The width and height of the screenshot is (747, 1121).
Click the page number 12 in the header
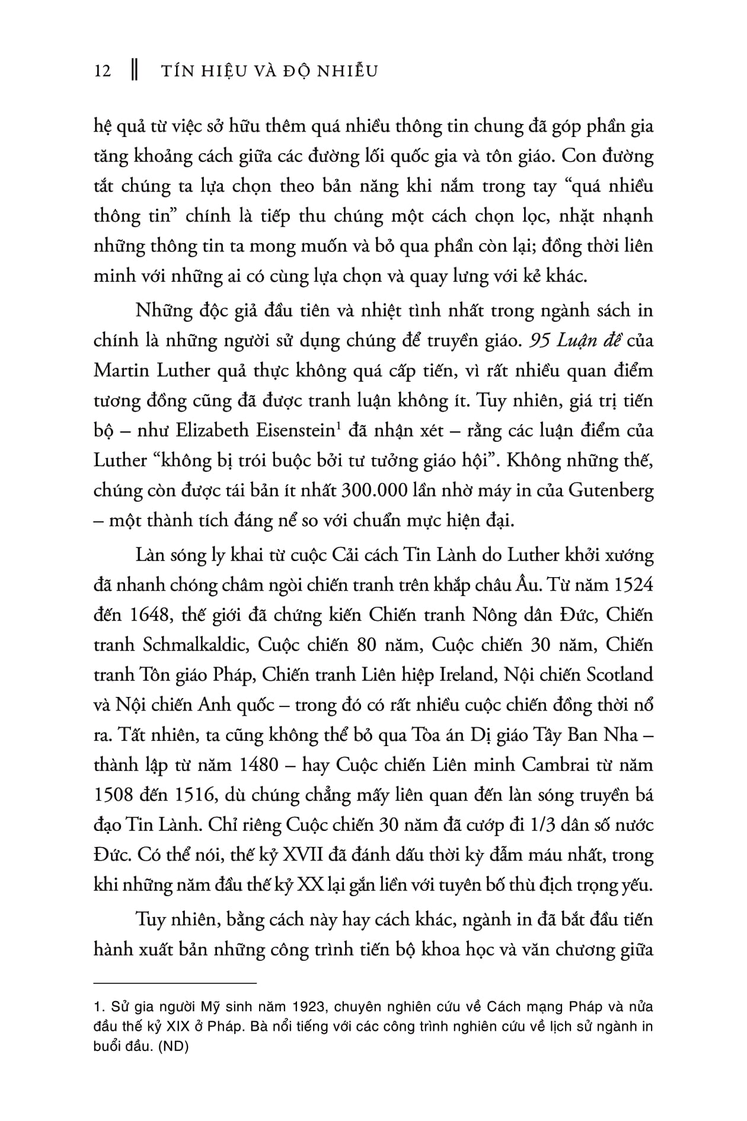(x=103, y=71)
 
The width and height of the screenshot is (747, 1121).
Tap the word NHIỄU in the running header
(x=349, y=71)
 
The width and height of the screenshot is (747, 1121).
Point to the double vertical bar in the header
(x=134, y=71)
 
